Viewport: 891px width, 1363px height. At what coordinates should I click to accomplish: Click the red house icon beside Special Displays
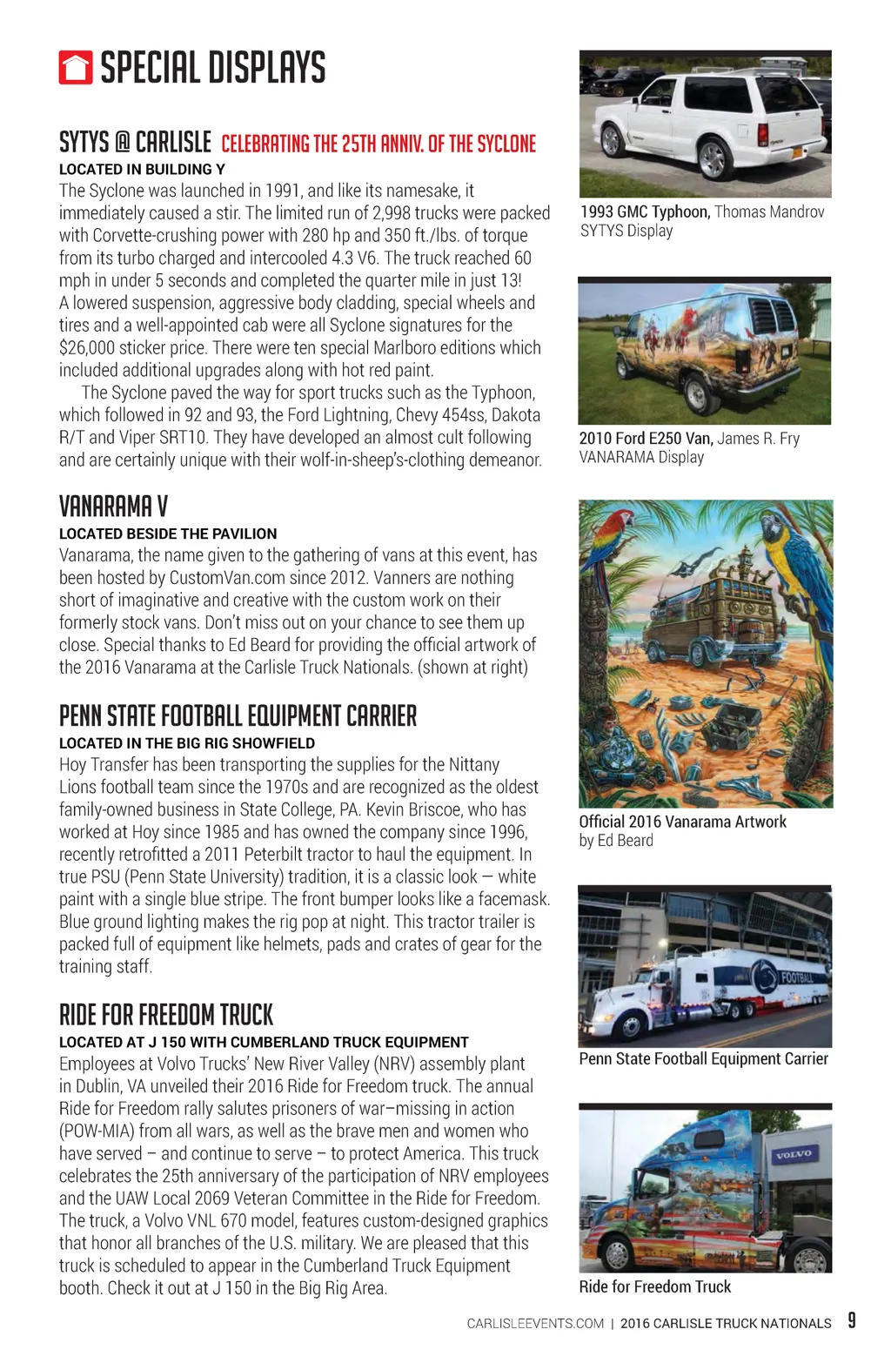[x=76, y=68]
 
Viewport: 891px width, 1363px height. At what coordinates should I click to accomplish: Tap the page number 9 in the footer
[x=852, y=1320]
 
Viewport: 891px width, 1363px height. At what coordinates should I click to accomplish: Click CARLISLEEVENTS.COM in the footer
[x=535, y=1324]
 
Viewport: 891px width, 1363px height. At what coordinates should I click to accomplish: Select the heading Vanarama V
[x=113, y=507]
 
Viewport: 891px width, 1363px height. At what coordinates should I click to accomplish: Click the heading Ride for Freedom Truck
[x=166, y=1015]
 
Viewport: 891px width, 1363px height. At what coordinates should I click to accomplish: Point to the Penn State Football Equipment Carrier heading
[x=238, y=716]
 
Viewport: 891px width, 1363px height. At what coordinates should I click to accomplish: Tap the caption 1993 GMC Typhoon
[x=645, y=211]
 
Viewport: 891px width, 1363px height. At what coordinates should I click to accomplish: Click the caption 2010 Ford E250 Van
[x=646, y=439]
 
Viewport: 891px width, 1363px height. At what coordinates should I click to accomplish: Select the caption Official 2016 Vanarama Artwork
[x=682, y=822]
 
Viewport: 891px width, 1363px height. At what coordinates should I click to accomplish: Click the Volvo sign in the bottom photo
[x=793, y=1155]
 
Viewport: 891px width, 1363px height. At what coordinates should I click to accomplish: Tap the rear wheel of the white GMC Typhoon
[x=712, y=158]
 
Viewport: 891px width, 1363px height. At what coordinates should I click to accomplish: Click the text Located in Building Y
[x=142, y=170]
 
